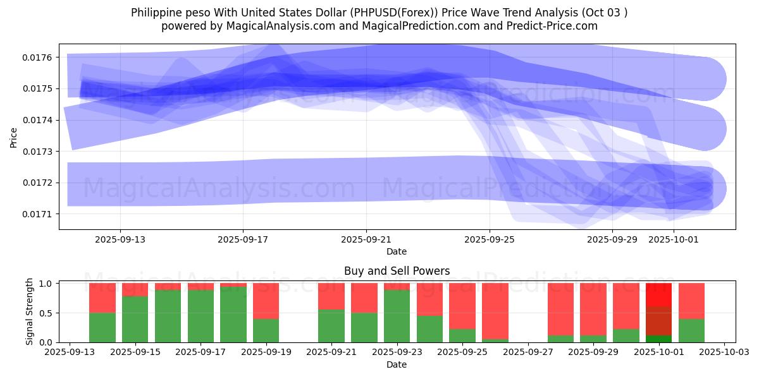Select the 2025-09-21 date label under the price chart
tap(366, 240)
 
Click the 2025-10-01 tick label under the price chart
tap(674, 240)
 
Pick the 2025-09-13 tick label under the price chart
tap(120, 240)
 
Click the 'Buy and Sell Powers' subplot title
tap(397, 271)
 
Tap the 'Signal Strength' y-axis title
tap(30, 312)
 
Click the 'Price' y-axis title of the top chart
tap(14, 137)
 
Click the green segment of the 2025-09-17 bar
tap(201, 316)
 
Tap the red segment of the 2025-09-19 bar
tap(266, 301)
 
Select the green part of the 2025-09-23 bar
tap(397, 316)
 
